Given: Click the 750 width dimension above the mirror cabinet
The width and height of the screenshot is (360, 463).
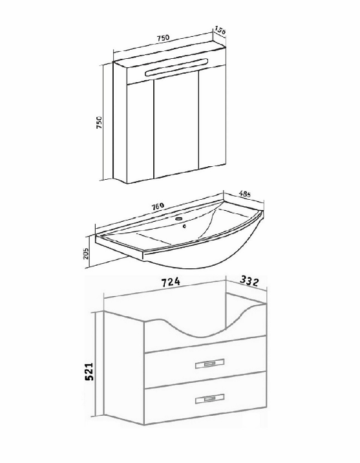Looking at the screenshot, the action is [163, 38].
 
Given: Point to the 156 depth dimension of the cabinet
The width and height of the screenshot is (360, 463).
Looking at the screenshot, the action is [220, 30].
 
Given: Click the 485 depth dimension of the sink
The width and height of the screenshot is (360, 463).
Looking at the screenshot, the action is [245, 194].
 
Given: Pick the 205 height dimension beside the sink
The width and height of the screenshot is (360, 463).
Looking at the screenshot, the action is [86, 253].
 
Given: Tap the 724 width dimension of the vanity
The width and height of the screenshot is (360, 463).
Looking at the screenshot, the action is [171, 282].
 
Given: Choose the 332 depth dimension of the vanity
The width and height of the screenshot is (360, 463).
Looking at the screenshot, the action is [249, 281].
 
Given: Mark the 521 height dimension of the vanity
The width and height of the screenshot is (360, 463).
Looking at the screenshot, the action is [89, 371].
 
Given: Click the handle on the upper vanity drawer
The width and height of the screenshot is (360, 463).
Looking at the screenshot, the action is [210, 364].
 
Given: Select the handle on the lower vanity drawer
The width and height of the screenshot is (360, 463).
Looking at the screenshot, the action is [210, 398].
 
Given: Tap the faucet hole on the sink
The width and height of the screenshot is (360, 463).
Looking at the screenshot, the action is [179, 219].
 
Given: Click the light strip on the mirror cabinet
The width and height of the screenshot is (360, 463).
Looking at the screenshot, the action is [177, 68].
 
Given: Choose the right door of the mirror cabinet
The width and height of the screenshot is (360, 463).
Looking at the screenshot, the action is [213, 123].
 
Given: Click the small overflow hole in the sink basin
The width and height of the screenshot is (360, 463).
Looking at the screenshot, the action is [184, 226].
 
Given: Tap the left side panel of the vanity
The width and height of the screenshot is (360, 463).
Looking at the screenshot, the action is [124, 369].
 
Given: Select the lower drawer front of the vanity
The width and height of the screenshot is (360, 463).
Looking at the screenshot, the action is [206, 398].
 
